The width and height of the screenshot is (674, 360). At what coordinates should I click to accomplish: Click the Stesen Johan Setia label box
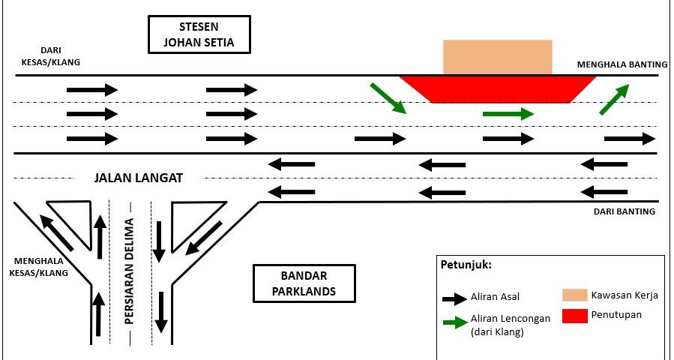[x=199, y=34]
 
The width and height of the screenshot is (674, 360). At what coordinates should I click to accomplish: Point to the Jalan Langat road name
[x=139, y=178]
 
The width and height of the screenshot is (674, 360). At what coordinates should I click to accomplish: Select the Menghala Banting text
[x=616, y=65]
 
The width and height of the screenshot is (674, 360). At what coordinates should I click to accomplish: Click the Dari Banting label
[x=625, y=211]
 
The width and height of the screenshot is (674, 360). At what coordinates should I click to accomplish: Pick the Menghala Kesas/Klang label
[x=39, y=268]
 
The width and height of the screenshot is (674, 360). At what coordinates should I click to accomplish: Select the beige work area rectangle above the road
[x=498, y=57]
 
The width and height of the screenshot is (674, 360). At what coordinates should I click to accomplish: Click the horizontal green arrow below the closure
[x=508, y=114]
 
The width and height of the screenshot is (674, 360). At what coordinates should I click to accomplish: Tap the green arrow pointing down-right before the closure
[x=388, y=99]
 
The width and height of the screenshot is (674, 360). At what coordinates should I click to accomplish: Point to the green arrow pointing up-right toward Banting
[x=614, y=100]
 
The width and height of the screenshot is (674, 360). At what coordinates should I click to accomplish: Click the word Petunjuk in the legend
[x=466, y=265]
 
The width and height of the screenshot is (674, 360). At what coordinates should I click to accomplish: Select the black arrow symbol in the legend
[x=454, y=298]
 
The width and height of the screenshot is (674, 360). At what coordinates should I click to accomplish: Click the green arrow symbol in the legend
[x=454, y=323]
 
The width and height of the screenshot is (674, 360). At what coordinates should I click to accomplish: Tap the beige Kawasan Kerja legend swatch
[x=574, y=295]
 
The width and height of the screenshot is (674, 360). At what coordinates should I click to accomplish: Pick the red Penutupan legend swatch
[x=574, y=316]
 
